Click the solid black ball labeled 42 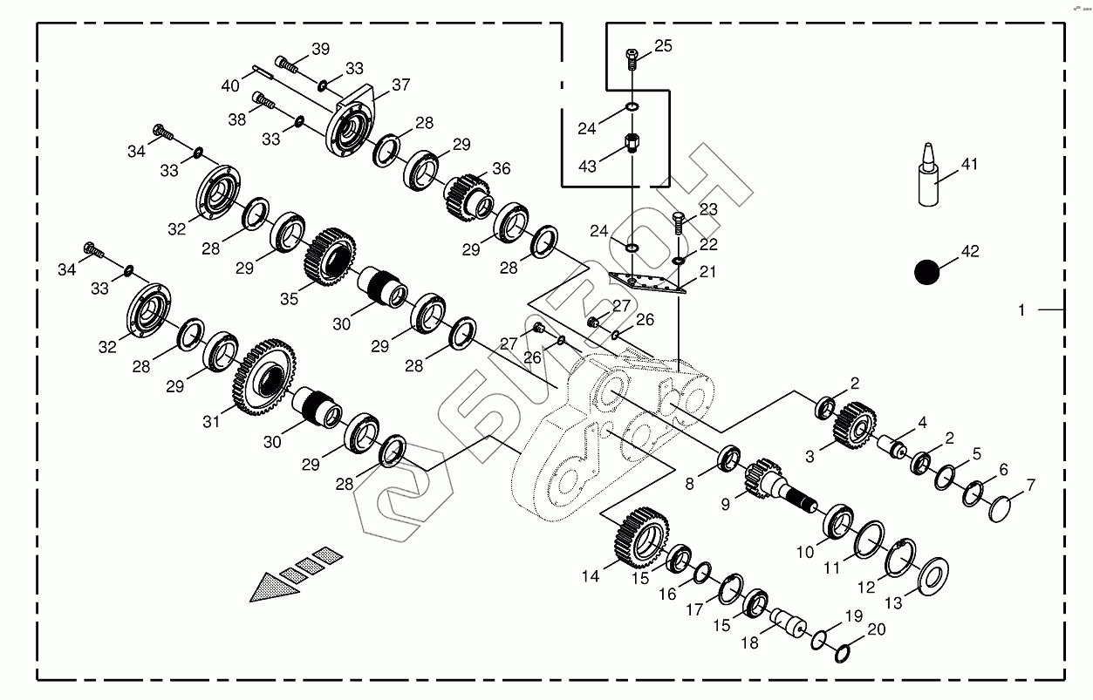tap(927, 272)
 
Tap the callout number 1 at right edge tap(1021, 309)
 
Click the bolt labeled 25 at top tap(632, 58)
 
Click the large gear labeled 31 tap(265, 377)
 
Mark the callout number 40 tap(230, 85)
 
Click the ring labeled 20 tap(844, 652)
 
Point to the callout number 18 tap(748, 642)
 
